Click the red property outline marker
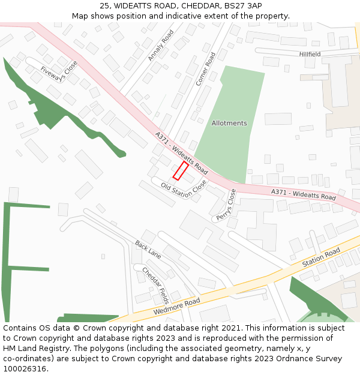(180, 170)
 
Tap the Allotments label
(229, 123)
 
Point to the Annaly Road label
(160, 45)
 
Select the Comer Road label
(205, 68)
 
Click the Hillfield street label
(310, 54)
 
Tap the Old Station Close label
(184, 189)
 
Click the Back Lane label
(148, 249)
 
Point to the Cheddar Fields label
(155, 286)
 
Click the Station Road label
(321, 257)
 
